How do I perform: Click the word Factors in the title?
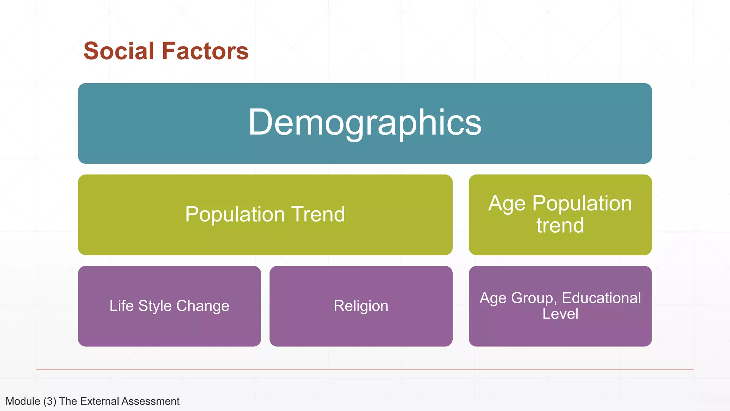pyautogui.click(x=205, y=51)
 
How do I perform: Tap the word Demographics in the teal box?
pyautogui.click(x=365, y=122)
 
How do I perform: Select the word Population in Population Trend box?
pyautogui.click(x=235, y=214)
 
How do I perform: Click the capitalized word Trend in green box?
pyautogui.click(x=318, y=214)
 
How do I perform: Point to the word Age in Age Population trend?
pyautogui.click(x=507, y=204)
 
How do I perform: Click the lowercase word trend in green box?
pyautogui.click(x=560, y=225)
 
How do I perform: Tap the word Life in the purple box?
pyautogui.click(x=122, y=306)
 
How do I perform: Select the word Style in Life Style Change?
pyautogui.click(x=155, y=306)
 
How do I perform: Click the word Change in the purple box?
pyautogui.click(x=202, y=306)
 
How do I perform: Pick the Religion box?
pyautogui.click(x=361, y=306)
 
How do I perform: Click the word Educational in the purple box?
pyautogui.click(x=601, y=298)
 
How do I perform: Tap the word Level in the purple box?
pyautogui.click(x=560, y=314)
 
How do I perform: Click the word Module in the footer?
pyautogui.click(x=23, y=401)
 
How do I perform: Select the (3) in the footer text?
pyautogui.click(x=50, y=401)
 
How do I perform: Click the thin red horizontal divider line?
pyautogui.click(x=365, y=370)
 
